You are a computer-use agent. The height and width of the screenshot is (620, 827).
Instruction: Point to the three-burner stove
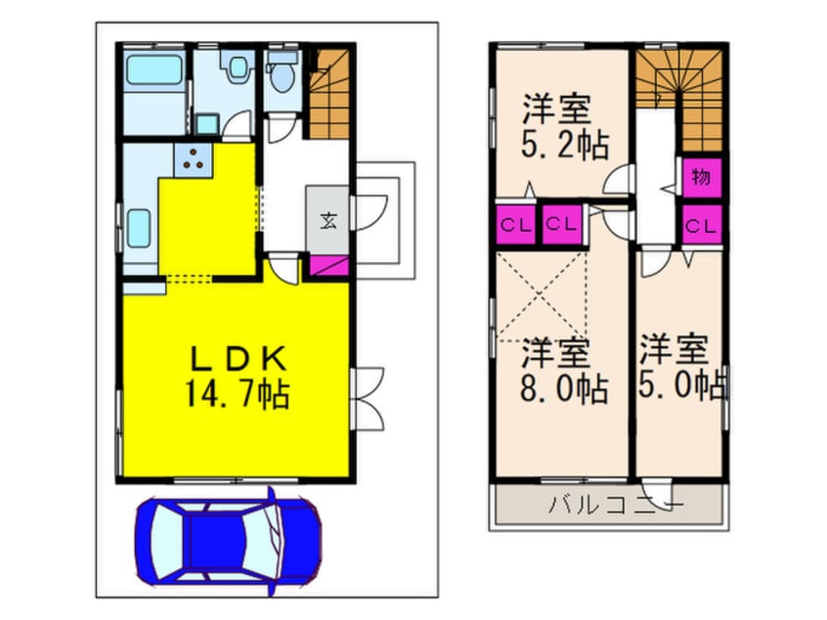191,158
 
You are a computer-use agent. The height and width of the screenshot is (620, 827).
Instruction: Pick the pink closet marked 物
701,178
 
